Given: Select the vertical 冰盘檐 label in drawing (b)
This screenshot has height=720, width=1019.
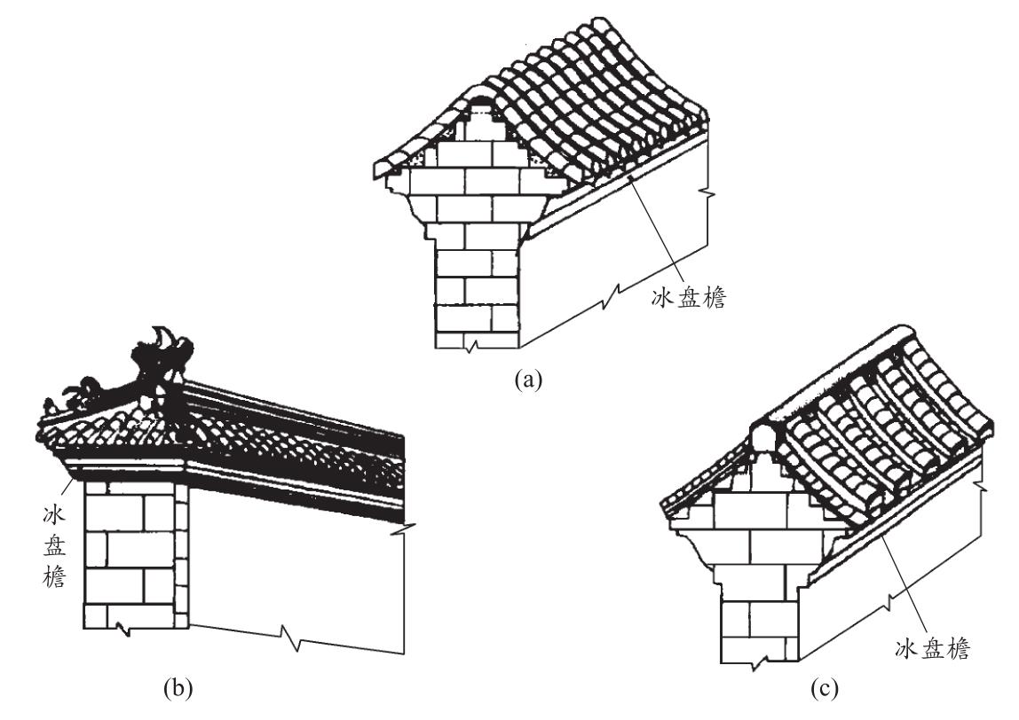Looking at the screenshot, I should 54,545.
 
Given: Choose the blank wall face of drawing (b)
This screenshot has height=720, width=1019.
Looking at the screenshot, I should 293,567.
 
